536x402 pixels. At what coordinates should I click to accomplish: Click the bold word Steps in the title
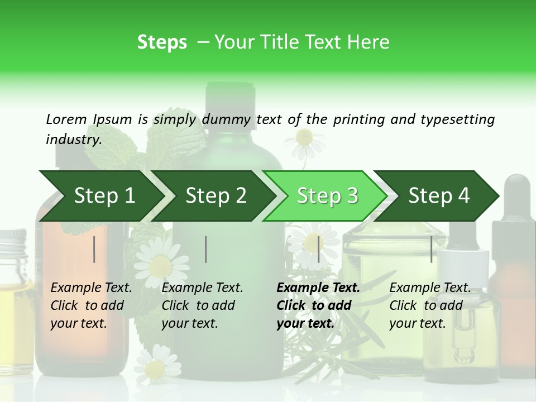tap(162, 42)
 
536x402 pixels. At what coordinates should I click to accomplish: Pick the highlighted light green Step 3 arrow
tap(327, 196)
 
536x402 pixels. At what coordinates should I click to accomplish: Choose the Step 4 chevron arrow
tap(439, 196)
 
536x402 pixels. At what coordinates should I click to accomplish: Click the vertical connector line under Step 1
tap(94, 249)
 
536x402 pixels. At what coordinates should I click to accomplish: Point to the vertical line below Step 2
tap(206, 249)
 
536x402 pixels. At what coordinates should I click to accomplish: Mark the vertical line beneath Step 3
tap(318, 249)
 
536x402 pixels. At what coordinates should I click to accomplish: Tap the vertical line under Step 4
tap(431, 249)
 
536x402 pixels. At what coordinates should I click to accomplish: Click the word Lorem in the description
tap(66, 119)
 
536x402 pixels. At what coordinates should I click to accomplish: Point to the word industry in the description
tap(73, 140)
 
